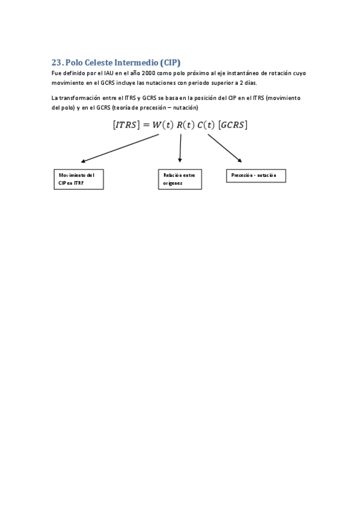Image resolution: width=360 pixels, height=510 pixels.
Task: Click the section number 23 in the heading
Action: coord(56,63)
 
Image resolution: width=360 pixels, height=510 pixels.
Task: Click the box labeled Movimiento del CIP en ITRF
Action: coord(79,179)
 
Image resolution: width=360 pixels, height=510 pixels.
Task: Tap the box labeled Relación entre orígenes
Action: coord(180,179)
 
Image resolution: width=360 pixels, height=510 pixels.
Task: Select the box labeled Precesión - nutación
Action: coord(255,175)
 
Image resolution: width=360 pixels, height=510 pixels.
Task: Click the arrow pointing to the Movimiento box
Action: coord(120,148)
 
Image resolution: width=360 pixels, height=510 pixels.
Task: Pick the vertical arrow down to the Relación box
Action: coord(180,148)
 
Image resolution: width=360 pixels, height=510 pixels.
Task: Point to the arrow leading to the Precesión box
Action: coord(225,148)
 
